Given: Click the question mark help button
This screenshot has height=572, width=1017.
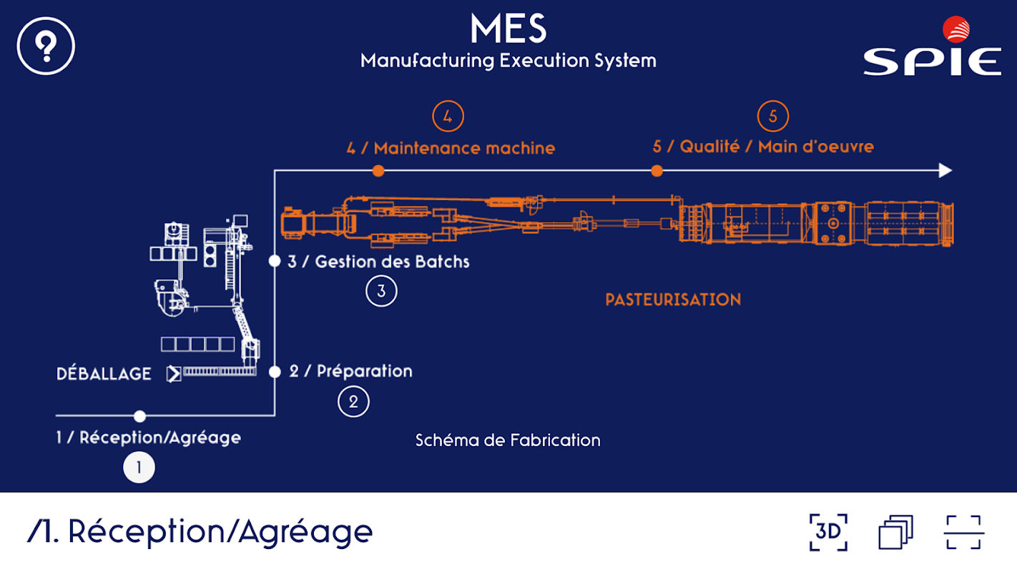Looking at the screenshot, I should [x=46, y=46].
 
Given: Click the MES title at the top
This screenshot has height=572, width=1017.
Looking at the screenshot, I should [x=508, y=29].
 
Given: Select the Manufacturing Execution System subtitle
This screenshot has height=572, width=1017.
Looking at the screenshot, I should [x=508, y=60].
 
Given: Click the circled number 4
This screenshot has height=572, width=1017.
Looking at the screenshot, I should [x=448, y=117].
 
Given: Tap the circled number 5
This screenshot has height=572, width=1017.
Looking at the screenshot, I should [x=772, y=117].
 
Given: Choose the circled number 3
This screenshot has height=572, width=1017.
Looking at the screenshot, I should [x=381, y=291].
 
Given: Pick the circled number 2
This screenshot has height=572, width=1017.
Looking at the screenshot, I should [x=353, y=401].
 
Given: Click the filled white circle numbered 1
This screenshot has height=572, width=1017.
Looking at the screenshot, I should [x=139, y=468].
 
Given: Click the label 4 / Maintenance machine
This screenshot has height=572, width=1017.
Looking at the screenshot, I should [x=451, y=148].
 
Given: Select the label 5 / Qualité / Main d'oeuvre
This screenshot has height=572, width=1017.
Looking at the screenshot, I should [x=763, y=147].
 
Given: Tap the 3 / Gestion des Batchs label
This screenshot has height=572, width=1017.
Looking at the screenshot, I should [x=378, y=261].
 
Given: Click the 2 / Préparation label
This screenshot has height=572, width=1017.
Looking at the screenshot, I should [x=350, y=371].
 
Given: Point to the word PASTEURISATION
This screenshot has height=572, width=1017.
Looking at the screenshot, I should [x=673, y=300].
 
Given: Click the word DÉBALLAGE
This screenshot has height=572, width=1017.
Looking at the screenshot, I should [x=104, y=374].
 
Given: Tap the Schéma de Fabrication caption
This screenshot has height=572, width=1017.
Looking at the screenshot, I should [x=508, y=440].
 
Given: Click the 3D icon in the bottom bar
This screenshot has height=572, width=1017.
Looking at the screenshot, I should [x=828, y=532].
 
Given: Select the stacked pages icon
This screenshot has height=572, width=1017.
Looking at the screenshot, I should [x=895, y=532].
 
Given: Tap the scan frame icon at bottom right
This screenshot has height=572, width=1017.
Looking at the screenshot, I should [x=964, y=532].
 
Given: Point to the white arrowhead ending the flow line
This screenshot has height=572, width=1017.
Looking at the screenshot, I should [x=945, y=170].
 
